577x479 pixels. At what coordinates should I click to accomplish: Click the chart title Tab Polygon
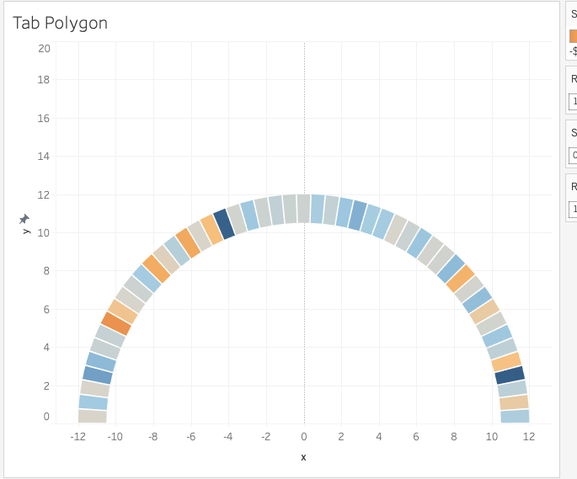[x=61, y=23]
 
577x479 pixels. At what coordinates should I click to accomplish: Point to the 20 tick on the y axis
[x=44, y=49]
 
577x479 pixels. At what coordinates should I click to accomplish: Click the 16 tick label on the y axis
[x=44, y=118]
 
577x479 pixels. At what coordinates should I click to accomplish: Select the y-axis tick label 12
[x=44, y=194]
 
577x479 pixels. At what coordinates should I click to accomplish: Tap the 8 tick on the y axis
[x=45, y=271]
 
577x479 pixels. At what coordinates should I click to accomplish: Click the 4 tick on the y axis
[x=45, y=347]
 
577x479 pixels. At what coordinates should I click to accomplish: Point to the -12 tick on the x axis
[x=78, y=437]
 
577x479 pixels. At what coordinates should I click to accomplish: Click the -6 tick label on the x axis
[x=191, y=437]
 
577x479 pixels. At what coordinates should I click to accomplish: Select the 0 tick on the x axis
[x=304, y=437]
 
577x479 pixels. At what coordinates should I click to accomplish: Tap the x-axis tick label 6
[x=416, y=437]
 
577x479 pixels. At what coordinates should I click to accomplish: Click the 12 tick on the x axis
[x=529, y=437]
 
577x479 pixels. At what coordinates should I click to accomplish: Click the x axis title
[x=304, y=456]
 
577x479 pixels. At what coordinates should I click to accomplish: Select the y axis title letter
[x=26, y=231]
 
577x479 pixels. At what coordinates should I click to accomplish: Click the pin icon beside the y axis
[x=24, y=219]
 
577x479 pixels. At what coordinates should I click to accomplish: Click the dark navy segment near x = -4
[x=224, y=224]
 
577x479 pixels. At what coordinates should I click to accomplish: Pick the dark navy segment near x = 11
[x=510, y=375]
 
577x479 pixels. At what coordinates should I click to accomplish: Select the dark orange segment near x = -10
[x=116, y=323]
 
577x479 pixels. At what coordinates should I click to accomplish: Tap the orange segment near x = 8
[x=461, y=279]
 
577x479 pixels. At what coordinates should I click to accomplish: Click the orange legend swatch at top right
[x=573, y=35]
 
